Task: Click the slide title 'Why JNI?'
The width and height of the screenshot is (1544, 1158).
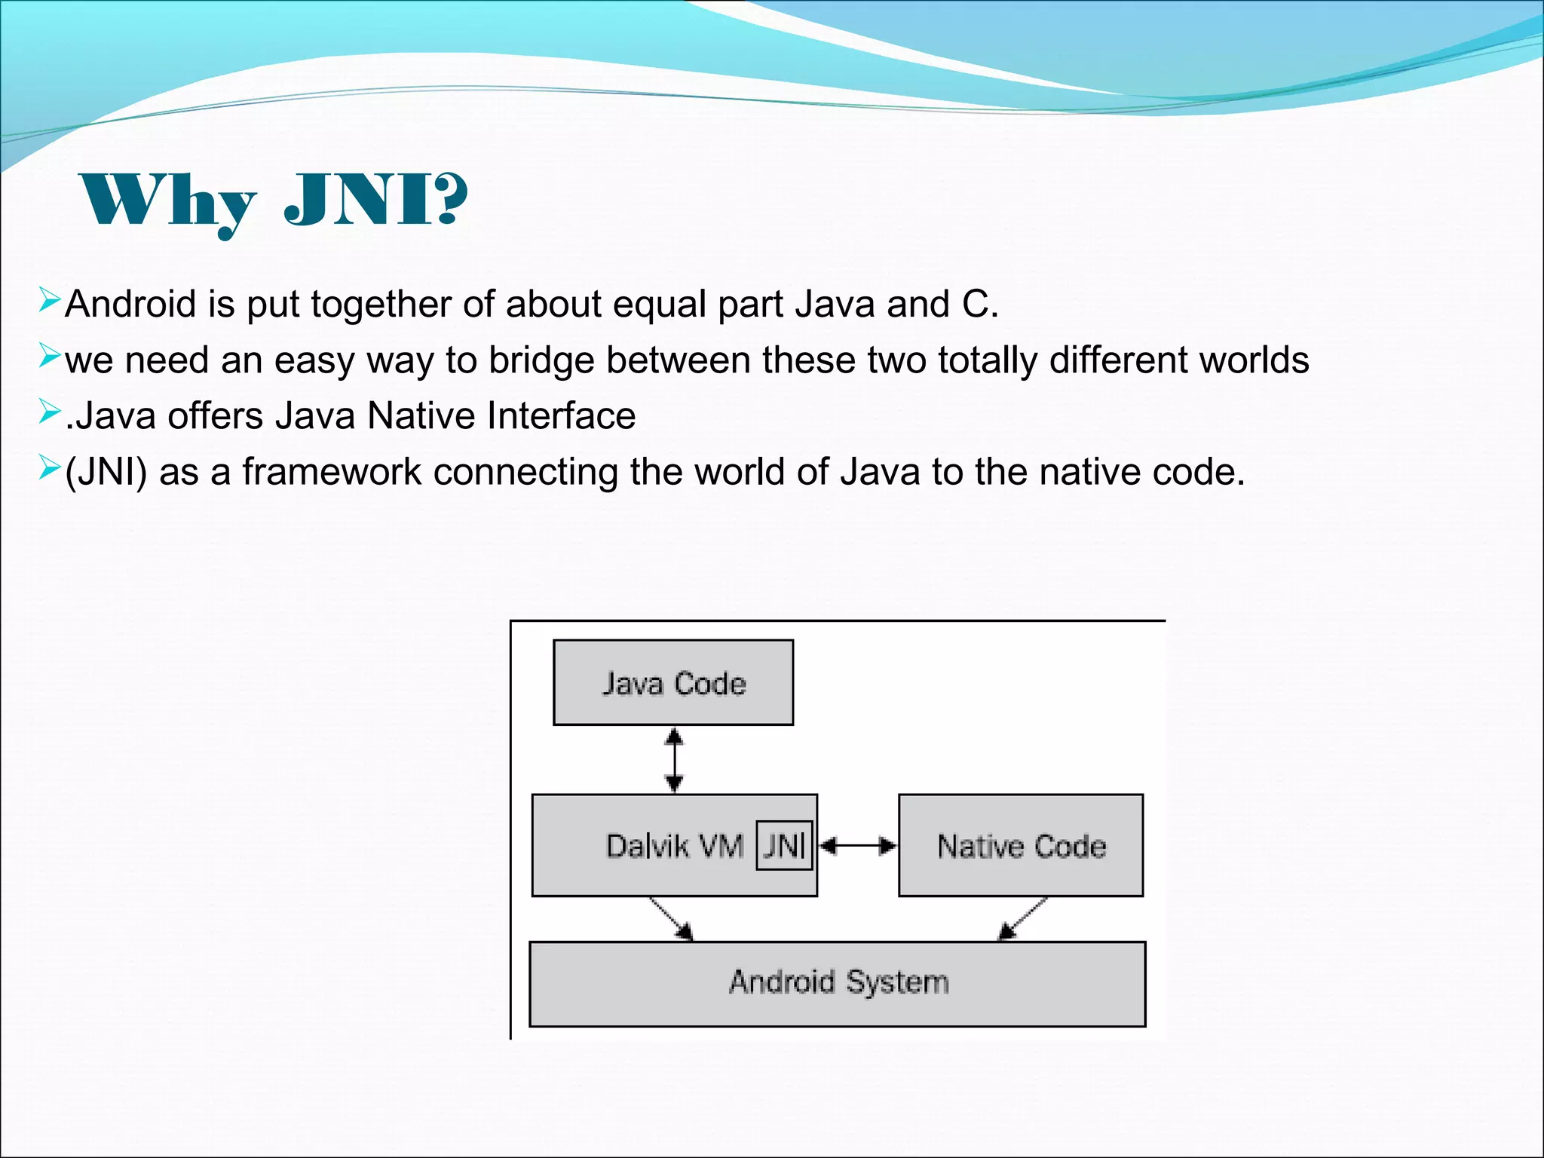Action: coord(273,200)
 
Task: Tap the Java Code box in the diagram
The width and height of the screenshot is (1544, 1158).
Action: coord(672,683)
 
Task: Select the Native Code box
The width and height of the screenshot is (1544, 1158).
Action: coord(1021,846)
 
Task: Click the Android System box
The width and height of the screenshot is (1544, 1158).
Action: coord(837,983)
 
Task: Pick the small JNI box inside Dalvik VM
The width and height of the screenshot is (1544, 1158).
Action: coord(784,845)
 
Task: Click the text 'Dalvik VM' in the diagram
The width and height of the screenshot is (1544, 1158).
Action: coord(674,846)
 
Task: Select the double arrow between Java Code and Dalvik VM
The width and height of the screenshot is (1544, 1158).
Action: coord(674,760)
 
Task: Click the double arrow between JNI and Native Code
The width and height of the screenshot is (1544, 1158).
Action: coord(858,846)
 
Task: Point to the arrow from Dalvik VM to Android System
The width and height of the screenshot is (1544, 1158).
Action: coord(671,918)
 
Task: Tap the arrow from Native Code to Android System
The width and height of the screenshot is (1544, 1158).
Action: coord(1022,918)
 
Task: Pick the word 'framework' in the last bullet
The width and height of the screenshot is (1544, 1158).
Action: coord(331,473)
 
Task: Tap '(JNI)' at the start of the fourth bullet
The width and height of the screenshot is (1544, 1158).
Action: coord(106,473)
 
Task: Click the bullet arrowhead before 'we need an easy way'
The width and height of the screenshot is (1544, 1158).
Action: coord(49,356)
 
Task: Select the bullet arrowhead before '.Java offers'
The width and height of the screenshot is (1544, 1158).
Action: coord(49,412)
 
